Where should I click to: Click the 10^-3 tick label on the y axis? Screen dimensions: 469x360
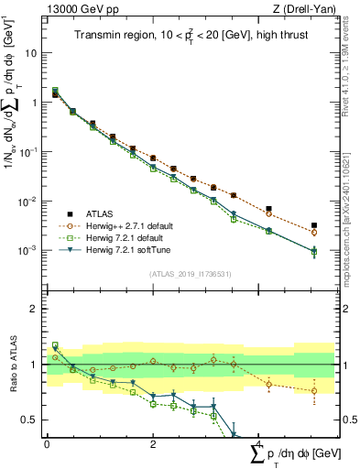click(30, 250)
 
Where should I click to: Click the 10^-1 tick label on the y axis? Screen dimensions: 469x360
click(30, 152)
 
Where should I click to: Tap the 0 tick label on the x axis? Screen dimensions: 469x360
click(47, 444)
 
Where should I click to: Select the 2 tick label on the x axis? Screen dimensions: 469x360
click(153, 444)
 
